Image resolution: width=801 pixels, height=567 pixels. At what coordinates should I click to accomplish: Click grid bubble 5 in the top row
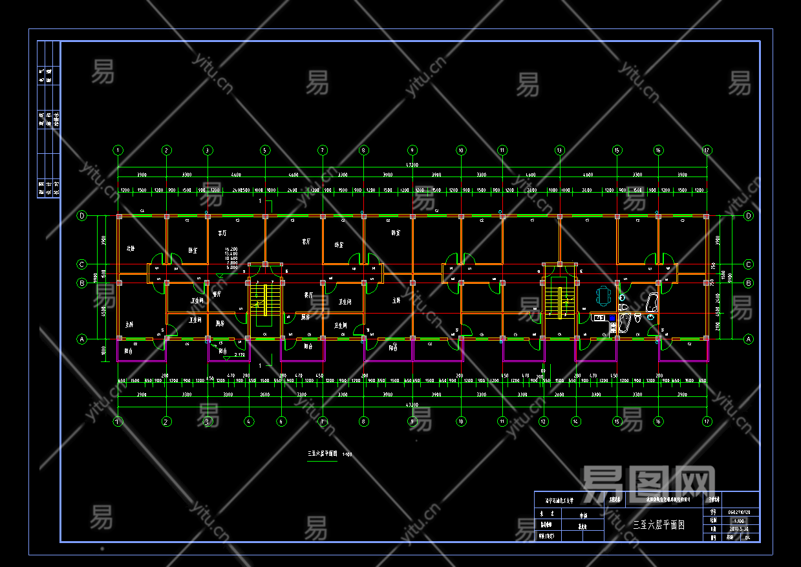coord(264,150)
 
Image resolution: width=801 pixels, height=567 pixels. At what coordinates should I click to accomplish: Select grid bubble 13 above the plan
coord(559,150)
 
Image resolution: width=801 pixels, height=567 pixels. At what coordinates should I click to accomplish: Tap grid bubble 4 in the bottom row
coord(249,421)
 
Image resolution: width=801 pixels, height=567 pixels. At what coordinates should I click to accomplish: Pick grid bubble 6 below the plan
coord(281,421)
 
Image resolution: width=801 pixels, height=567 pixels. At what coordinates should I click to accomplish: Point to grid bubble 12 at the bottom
coord(543,421)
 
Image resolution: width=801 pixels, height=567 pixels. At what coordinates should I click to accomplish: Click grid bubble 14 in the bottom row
coord(575,421)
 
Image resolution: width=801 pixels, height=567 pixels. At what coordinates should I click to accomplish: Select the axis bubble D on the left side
coord(82,216)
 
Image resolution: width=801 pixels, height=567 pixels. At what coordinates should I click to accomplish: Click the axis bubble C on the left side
coord(82,264)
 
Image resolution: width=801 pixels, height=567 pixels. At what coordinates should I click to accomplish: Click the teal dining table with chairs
coord(603,296)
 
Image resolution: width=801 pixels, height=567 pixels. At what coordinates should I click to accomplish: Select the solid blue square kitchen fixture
coord(612,318)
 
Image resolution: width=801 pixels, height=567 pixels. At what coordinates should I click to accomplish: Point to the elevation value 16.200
coord(231,249)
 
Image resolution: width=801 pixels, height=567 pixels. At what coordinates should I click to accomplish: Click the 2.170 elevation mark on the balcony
coord(239,355)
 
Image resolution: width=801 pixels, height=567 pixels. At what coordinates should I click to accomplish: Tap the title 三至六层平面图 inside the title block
coord(658,525)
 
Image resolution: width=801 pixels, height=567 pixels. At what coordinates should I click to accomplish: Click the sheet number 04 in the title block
coord(747,537)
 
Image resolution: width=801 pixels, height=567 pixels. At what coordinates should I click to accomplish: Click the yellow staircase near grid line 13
coord(553,299)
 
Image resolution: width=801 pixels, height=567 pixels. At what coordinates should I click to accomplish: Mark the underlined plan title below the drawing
coord(321,454)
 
